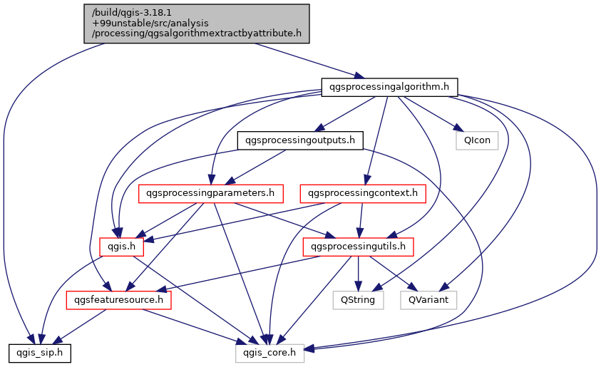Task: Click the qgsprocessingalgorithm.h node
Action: [x=389, y=87]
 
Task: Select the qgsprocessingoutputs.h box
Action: [x=299, y=140]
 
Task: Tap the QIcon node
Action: [x=477, y=140]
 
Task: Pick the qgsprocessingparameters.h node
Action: [x=211, y=193]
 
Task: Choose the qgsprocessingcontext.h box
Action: [x=364, y=193]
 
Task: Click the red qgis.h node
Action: [x=121, y=247]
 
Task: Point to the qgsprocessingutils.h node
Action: [x=359, y=247]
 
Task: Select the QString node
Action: [x=358, y=300]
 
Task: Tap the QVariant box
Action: [x=428, y=300]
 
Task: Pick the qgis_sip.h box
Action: [x=38, y=352]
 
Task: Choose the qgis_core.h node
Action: [x=270, y=352]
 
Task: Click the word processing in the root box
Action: [x=116, y=33]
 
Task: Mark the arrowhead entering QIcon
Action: [x=456, y=129]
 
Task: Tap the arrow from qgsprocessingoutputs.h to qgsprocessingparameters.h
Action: [x=257, y=167]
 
